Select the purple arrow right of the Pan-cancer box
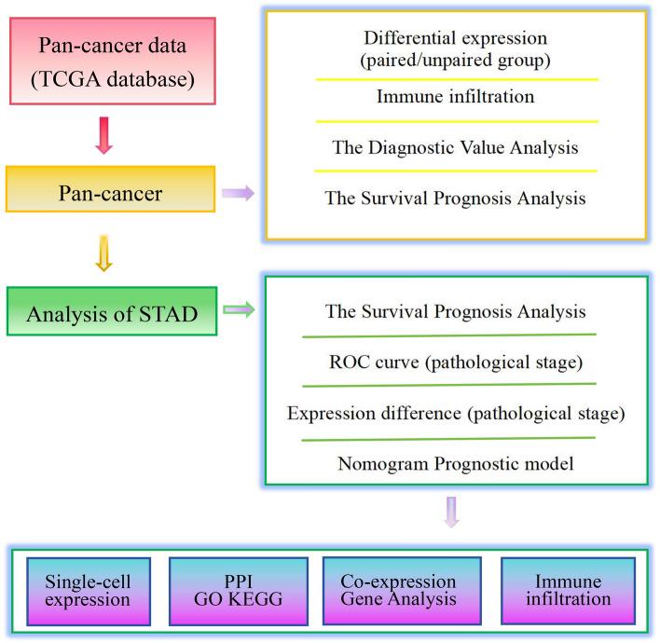(238, 193)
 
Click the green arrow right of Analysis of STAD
(238, 310)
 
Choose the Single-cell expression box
(87, 589)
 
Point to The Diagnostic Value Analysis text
(456, 147)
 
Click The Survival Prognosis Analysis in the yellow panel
(456, 198)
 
